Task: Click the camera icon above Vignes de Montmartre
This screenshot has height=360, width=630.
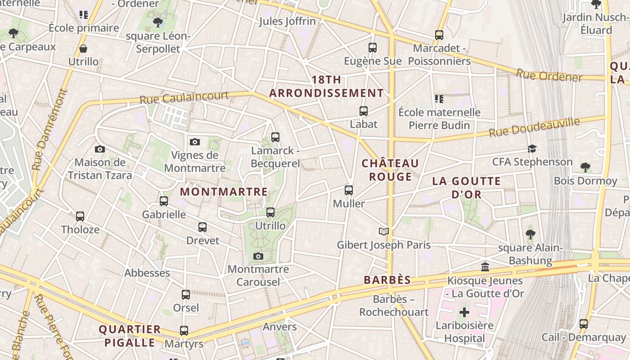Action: pyautogui.click(x=194, y=142)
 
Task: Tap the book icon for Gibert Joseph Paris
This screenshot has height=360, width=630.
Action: pyautogui.click(x=383, y=232)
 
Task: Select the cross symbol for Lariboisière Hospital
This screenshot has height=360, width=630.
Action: pyautogui.click(x=464, y=312)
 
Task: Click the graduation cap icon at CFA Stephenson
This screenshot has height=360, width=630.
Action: pyautogui.click(x=532, y=149)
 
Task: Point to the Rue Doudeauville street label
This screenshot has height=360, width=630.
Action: pyautogui.click(x=534, y=127)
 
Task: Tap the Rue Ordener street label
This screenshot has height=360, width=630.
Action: pyautogui.click(x=549, y=76)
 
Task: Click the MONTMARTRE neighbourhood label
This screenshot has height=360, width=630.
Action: pyautogui.click(x=224, y=192)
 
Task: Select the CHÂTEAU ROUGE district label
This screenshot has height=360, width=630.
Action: pyautogui.click(x=390, y=170)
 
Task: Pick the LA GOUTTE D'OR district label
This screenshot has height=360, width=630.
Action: pyautogui.click(x=466, y=188)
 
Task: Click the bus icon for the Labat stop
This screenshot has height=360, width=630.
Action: pyautogui.click(x=363, y=111)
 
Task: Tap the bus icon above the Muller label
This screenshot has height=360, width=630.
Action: pyautogui.click(x=349, y=190)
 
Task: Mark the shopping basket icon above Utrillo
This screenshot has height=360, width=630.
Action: pyautogui.click(x=83, y=49)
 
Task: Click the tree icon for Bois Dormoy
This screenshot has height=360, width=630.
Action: pyautogui.click(x=585, y=168)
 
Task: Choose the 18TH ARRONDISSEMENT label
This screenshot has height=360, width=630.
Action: pyautogui.click(x=326, y=86)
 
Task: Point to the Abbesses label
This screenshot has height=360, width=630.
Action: pyautogui.click(x=147, y=273)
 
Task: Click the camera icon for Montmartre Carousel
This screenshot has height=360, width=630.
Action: pyautogui.click(x=258, y=256)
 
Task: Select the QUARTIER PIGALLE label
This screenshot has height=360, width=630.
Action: pyautogui.click(x=130, y=336)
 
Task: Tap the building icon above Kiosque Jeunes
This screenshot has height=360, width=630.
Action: pyautogui.click(x=485, y=267)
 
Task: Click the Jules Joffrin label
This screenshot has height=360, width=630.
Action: pyautogui.click(x=288, y=21)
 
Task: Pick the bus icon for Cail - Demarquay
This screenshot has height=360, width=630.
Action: pyautogui.click(x=584, y=324)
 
